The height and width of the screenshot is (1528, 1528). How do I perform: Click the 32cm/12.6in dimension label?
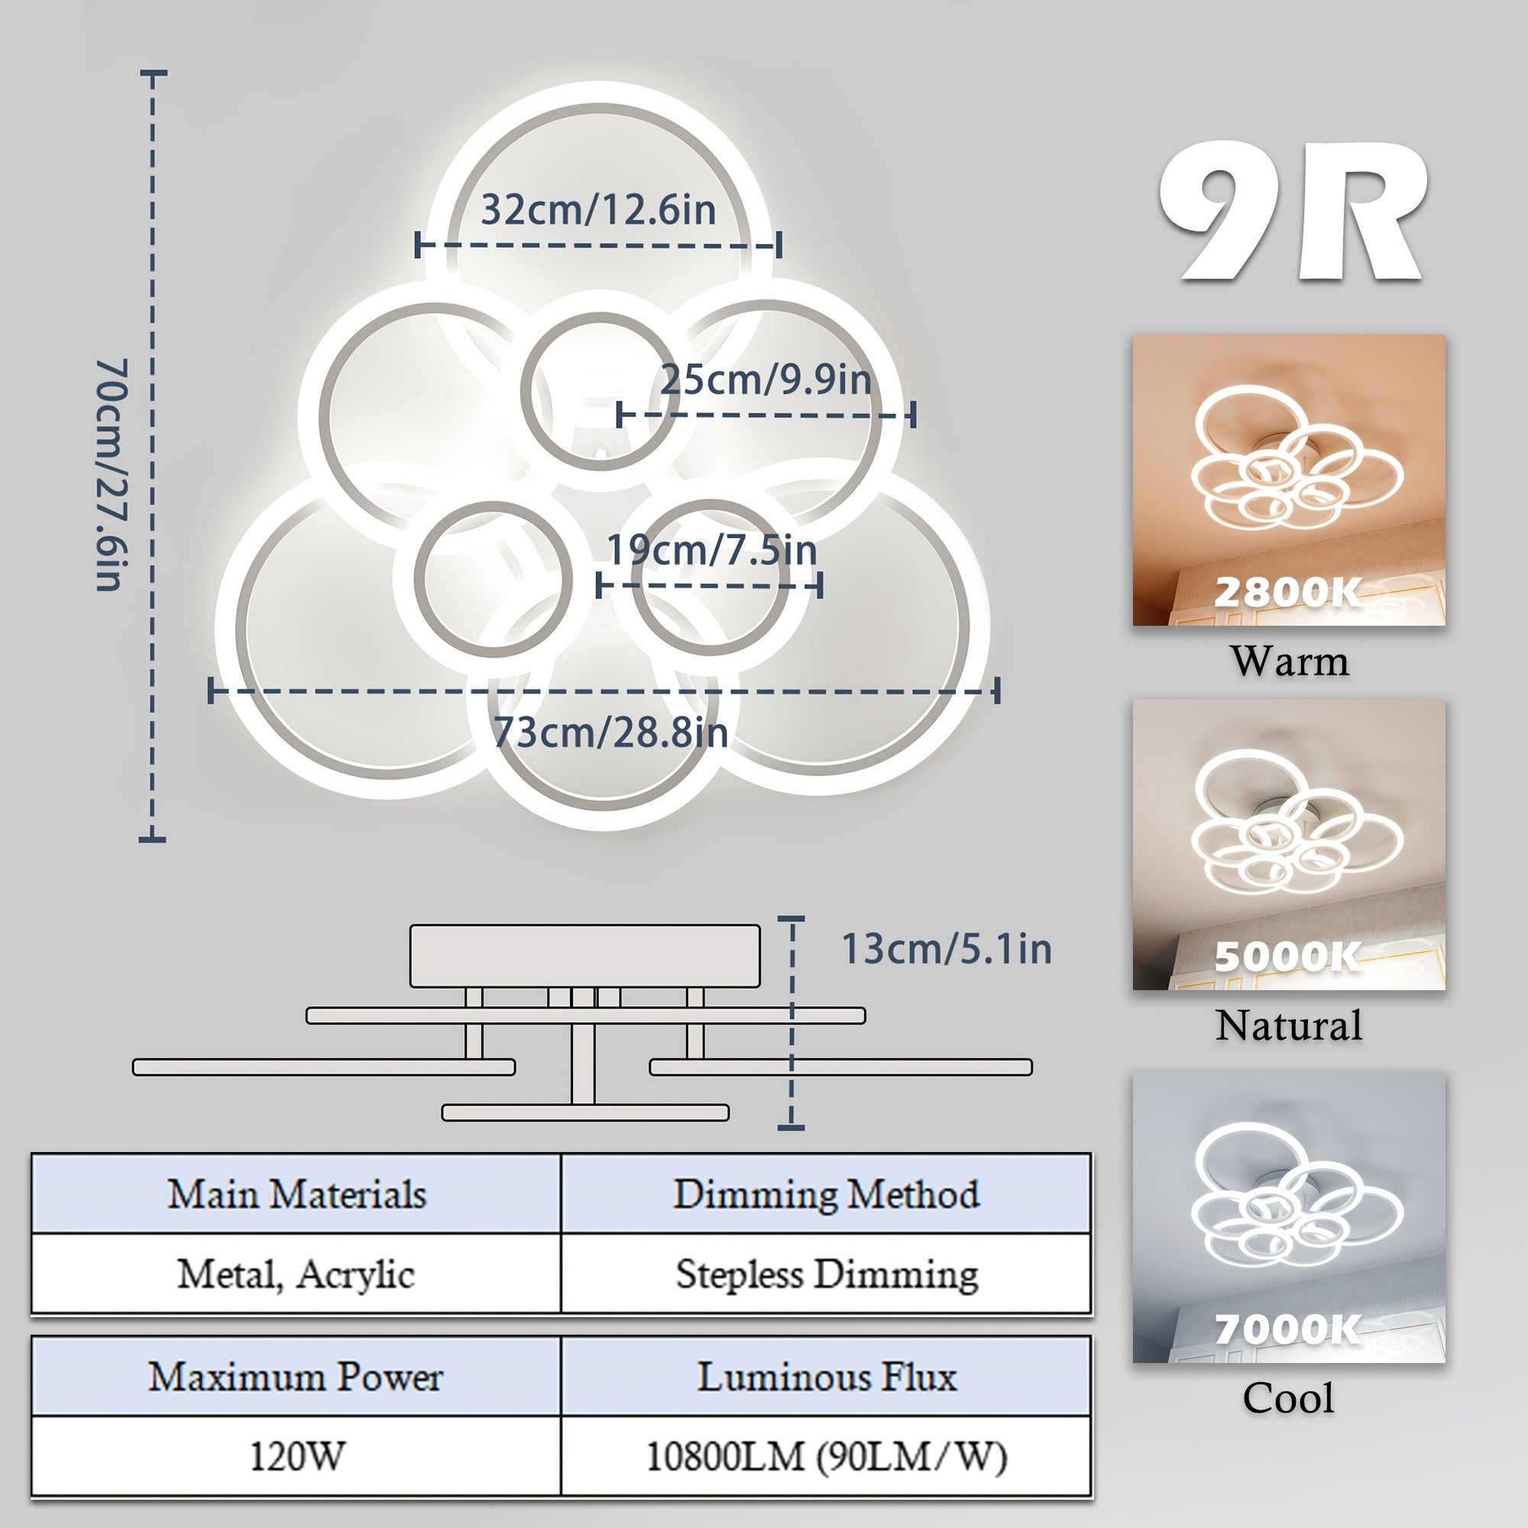(x=598, y=209)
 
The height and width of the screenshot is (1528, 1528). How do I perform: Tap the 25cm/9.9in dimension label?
(x=766, y=380)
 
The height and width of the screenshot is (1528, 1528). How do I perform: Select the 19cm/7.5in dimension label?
(x=712, y=549)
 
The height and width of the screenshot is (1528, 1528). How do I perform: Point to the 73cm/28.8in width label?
(x=610, y=733)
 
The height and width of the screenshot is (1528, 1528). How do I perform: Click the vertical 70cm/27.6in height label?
(x=112, y=474)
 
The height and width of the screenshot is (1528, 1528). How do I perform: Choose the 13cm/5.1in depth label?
(x=947, y=949)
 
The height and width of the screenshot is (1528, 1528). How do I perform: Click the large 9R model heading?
(x=1293, y=212)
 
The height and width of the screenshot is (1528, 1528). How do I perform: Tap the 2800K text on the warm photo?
(x=1288, y=592)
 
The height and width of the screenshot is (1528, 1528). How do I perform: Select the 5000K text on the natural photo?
(x=1288, y=957)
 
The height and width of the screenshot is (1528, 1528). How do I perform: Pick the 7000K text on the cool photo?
(x=1288, y=1329)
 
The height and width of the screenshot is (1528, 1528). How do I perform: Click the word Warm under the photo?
(x=1289, y=661)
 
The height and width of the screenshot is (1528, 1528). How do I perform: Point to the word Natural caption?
(x=1289, y=1026)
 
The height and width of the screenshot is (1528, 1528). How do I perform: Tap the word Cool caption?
(x=1288, y=1398)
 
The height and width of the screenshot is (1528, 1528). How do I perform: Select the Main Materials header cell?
(x=296, y=1193)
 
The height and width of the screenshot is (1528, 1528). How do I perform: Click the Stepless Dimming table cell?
(x=827, y=1274)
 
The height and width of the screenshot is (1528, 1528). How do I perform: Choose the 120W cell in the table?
(x=296, y=1456)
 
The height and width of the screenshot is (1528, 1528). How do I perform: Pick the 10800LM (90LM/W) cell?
(x=827, y=1456)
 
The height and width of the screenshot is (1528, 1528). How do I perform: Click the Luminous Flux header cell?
(x=827, y=1377)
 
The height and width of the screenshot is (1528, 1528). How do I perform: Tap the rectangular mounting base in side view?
(x=585, y=957)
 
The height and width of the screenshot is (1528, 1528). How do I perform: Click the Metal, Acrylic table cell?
(x=296, y=1274)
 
